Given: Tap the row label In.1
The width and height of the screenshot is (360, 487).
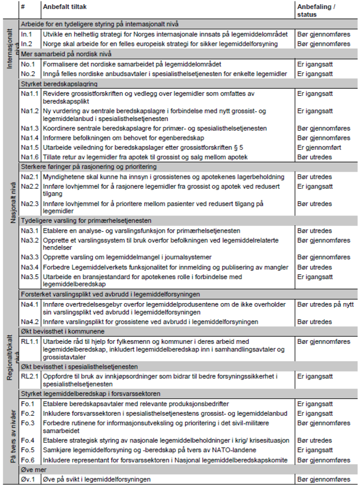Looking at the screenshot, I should point(26,34).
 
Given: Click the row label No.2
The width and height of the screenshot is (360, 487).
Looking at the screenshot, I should point(28,74).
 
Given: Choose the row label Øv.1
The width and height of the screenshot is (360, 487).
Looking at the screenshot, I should point(28,479).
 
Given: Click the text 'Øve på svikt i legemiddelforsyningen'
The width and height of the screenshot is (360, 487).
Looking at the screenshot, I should point(97,479).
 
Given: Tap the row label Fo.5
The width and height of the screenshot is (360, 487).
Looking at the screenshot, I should point(28,450).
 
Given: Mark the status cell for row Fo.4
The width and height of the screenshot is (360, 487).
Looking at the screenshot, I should point(315,441).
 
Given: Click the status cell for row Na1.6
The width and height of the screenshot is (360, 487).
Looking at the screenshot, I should point(315,157).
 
